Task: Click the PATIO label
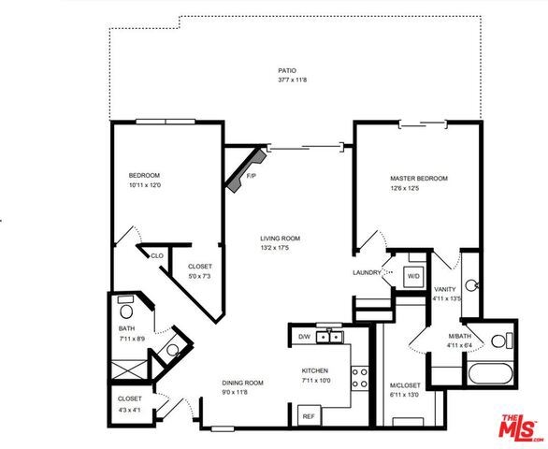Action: (x=287, y=71)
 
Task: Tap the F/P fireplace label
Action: (x=252, y=176)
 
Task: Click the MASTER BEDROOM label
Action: (x=419, y=179)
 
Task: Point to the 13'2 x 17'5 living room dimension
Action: (x=275, y=248)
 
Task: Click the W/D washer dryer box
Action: (x=413, y=277)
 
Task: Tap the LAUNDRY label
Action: (x=367, y=273)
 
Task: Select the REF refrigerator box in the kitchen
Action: (x=309, y=415)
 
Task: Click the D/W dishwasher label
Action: (x=304, y=337)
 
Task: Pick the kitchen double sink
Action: (x=329, y=337)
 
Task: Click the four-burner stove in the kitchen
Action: (x=359, y=378)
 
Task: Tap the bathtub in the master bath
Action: (x=491, y=373)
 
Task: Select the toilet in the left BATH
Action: (x=126, y=309)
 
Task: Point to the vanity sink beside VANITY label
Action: (x=471, y=285)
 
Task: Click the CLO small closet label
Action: (x=157, y=256)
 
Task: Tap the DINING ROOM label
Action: (x=242, y=383)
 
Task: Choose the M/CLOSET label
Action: (x=405, y=385)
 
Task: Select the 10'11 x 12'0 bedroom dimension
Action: (x=145, y=185)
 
